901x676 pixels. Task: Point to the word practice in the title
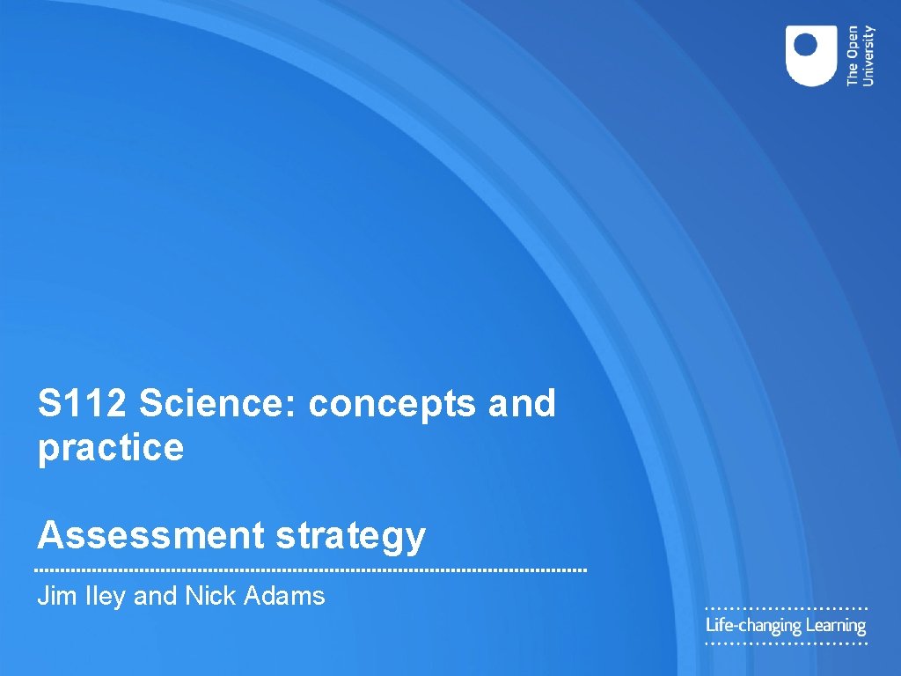point(111,448)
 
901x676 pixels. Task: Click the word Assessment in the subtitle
point(150,534)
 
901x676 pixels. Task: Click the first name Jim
point(53,596)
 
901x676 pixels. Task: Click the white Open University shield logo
point(811,55)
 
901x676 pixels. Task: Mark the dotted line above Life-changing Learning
point(787,608)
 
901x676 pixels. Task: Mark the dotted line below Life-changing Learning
point(787,644)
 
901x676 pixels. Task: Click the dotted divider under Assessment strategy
point(311,570)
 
